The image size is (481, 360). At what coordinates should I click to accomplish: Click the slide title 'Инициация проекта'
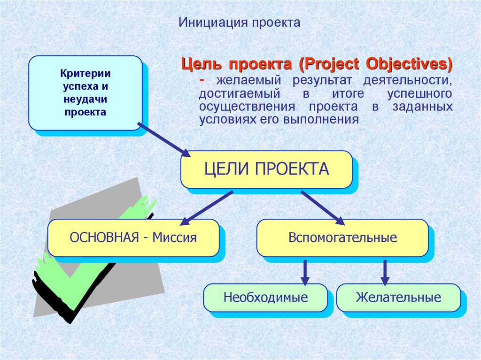[x=239, y=23]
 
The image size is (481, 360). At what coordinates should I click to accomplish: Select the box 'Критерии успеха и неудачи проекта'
[x=85, y=93]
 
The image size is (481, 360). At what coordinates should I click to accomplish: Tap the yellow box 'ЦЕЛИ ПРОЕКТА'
[x=266, y=169]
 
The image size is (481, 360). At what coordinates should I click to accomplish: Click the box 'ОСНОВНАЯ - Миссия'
[x=133, y=237]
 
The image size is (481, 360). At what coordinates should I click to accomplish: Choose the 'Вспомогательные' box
[x=342, y=237]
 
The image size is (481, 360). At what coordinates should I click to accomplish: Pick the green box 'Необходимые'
[x=266, y=298]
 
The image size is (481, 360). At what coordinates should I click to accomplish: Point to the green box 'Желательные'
[x=398, y=298]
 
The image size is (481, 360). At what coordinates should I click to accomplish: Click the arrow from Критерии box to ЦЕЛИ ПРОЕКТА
[x=164, y=140]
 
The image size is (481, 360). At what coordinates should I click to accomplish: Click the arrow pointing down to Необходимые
[x=305, y=273]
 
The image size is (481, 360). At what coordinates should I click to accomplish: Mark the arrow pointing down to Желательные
[x=385, y=273]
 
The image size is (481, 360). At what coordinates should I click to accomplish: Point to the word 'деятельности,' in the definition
[x=408, y=80]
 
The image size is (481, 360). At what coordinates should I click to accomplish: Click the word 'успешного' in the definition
[x=419, y=93]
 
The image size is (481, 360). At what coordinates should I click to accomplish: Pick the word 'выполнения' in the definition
[x=321, y=119]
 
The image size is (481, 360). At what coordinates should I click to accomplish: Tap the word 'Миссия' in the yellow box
[x=175, y=237]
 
